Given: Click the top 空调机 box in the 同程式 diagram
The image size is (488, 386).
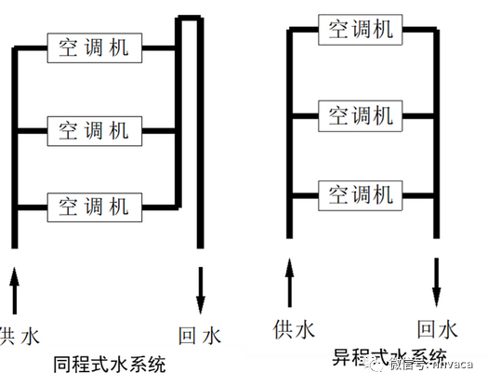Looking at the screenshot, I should tap(93, 47).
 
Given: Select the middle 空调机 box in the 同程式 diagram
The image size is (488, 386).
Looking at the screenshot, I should tap(93, 126).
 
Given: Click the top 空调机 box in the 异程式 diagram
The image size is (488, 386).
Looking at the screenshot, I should tap(359, 29).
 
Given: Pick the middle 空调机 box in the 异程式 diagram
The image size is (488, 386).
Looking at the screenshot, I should tap(359, 115).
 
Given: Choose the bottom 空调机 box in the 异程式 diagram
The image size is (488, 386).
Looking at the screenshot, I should tap(359, 195).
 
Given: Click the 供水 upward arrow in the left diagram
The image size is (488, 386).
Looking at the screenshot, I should tap(15, 288).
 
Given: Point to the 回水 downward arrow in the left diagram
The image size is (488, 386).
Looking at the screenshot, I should tap(200, 288).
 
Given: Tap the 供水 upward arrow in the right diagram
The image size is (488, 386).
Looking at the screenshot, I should tap(289, 282).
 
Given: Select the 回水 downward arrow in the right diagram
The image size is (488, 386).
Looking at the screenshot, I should tap(436, 282).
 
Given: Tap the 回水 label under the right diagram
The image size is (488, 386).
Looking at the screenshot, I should tap(437, 328).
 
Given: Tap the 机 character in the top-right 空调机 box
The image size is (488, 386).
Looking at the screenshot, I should tap(384, 29).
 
